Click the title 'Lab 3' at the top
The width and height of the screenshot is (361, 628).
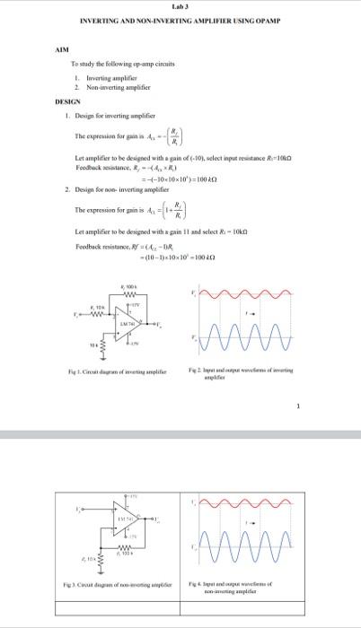[x=180, y=6]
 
